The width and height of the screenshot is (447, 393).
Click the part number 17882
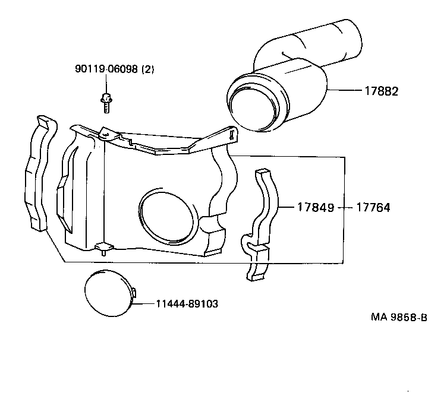pyautogui.click(x=382, y=91)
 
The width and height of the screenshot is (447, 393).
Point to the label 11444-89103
pyautogui.click(x=187, y=304)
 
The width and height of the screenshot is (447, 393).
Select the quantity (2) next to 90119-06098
pyautogui.click(x=147, y=69)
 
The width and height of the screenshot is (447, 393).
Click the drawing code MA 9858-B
pyautogui.click(x=398, y=317)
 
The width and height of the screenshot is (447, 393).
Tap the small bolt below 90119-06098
pyautogui.click(x=106, y=103)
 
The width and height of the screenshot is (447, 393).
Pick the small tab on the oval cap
pyautogui.click(x=134, y=293)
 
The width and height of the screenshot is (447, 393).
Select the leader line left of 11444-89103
pyautogui.click(x=145, y=304)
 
